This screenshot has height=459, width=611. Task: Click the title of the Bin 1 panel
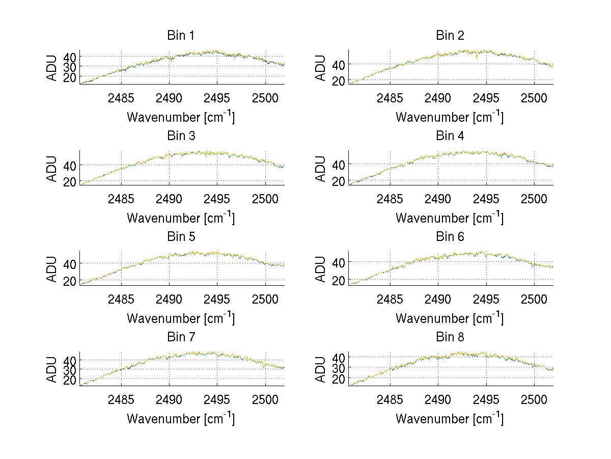[181, 36]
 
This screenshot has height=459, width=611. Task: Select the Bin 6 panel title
[450, 237]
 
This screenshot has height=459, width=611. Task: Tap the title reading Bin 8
[450, 337]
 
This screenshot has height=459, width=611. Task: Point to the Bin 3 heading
[181, 136]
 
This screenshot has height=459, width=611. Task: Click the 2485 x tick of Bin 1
[121, 98]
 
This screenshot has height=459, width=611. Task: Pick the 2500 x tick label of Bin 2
[534, 98]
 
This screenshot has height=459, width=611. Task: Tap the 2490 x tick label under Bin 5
[169, 299]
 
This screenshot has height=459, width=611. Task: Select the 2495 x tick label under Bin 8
[486, 399]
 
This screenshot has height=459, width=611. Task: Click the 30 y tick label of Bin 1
[70, 66]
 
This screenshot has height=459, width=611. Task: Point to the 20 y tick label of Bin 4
[339, 181]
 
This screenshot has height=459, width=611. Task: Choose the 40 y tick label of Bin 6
[339, 262]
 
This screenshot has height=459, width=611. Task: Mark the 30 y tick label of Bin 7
[70, 369]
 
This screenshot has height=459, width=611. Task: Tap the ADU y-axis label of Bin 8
[321, 370]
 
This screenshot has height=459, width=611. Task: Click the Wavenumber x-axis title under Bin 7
[181, 418]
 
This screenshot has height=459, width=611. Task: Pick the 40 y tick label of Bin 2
[339, 64]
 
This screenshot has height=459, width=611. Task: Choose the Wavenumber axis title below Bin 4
[450, 218]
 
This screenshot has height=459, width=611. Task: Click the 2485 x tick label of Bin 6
[390, 299]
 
